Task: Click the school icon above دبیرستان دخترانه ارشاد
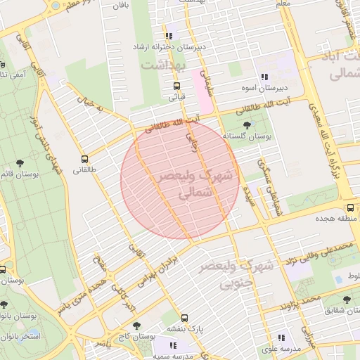pyautogui.click(x=169, y=36)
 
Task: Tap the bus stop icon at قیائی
pyautogui.click(x=176, y=86)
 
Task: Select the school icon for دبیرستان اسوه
pyautogui.click(x=264, y=77)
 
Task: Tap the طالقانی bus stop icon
pyautogui.click(x=85, y=159)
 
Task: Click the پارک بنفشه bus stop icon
pyautogui.click(x=184, y=317)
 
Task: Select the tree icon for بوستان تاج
pyautogui.click(x=136, y=326)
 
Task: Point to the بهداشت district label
pyautogui.click(x=168, y=65)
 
